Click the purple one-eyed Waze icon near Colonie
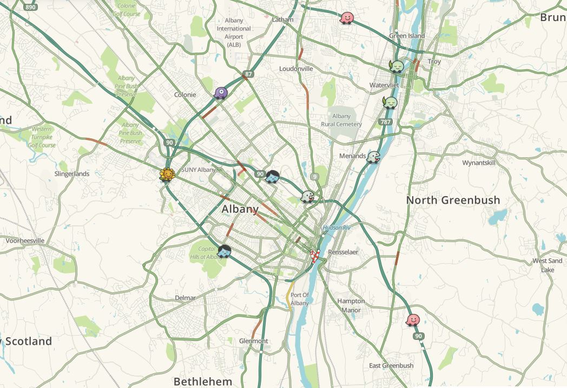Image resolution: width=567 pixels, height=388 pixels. coord(221,93)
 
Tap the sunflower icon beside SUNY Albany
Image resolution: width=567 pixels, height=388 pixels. coord(168,175)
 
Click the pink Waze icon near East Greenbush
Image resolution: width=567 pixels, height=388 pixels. coord(413,320)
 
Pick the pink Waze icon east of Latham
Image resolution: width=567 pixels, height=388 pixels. coord(346,18)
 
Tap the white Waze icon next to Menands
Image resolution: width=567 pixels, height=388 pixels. coord(373,157)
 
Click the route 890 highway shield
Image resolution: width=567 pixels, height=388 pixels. coord(30,6)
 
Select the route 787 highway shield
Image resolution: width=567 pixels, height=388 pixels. coord(386,122)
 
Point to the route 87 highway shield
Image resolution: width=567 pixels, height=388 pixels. coord(248,74)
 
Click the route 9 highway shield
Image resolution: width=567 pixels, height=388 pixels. coord(314,176)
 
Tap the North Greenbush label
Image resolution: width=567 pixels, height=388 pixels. coord(453,200)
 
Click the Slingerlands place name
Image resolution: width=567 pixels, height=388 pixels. coord(72,174)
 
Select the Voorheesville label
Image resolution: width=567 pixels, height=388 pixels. coord(25,240)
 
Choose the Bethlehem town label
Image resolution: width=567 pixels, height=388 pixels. coord(203,382)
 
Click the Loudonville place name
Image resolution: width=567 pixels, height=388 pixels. coord(296,69)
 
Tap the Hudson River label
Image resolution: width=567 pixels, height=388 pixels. coord(337,228)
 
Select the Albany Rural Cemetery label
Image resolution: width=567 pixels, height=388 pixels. coord(341,120)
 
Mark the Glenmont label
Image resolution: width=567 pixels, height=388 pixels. coord(253,341)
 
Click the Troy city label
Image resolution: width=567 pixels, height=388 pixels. coord(434,62)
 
